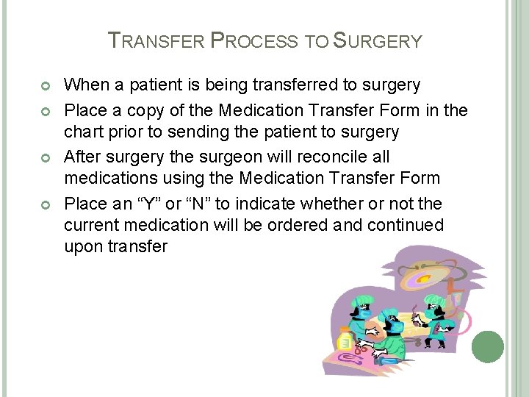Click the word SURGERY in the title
tap(378, 40)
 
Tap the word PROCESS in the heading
tap(254, 40)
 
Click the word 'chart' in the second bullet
tap(83, 132)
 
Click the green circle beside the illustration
tap(488, 346)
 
